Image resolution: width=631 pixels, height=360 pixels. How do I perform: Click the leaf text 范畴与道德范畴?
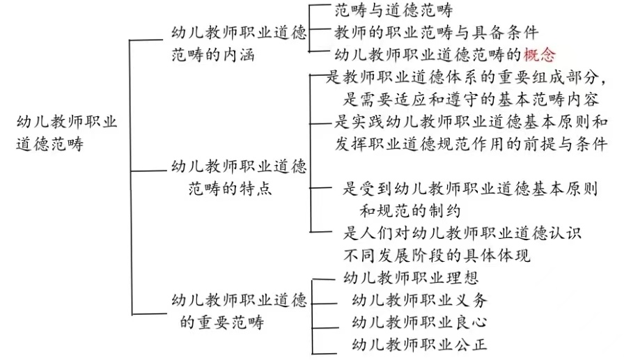click(394, 10)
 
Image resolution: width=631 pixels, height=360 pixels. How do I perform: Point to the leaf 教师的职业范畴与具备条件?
click(436, 32)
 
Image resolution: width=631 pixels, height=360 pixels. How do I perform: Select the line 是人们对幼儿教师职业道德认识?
click(462, 233)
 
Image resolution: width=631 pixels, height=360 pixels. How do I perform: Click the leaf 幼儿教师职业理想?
click(412, 278)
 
